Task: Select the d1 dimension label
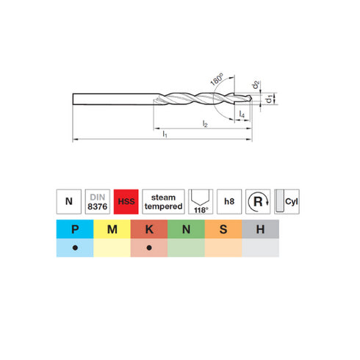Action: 270,98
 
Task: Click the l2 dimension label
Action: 205,126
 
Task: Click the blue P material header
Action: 75,229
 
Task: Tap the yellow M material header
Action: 112,229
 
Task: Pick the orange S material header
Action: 223,229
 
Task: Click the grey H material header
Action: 260,229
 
